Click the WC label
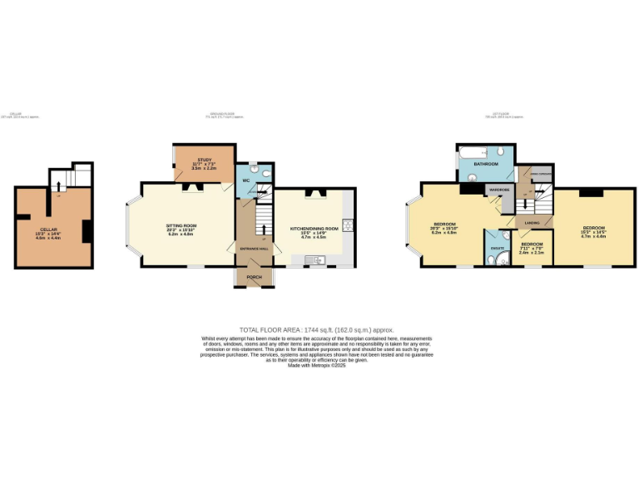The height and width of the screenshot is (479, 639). click(247, 180)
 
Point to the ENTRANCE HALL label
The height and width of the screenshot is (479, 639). click(252, 249)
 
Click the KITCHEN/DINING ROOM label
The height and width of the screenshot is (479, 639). click(314, 227)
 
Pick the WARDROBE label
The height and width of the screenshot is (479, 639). click(499, 190)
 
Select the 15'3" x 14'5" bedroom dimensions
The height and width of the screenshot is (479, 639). click(594, 232)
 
